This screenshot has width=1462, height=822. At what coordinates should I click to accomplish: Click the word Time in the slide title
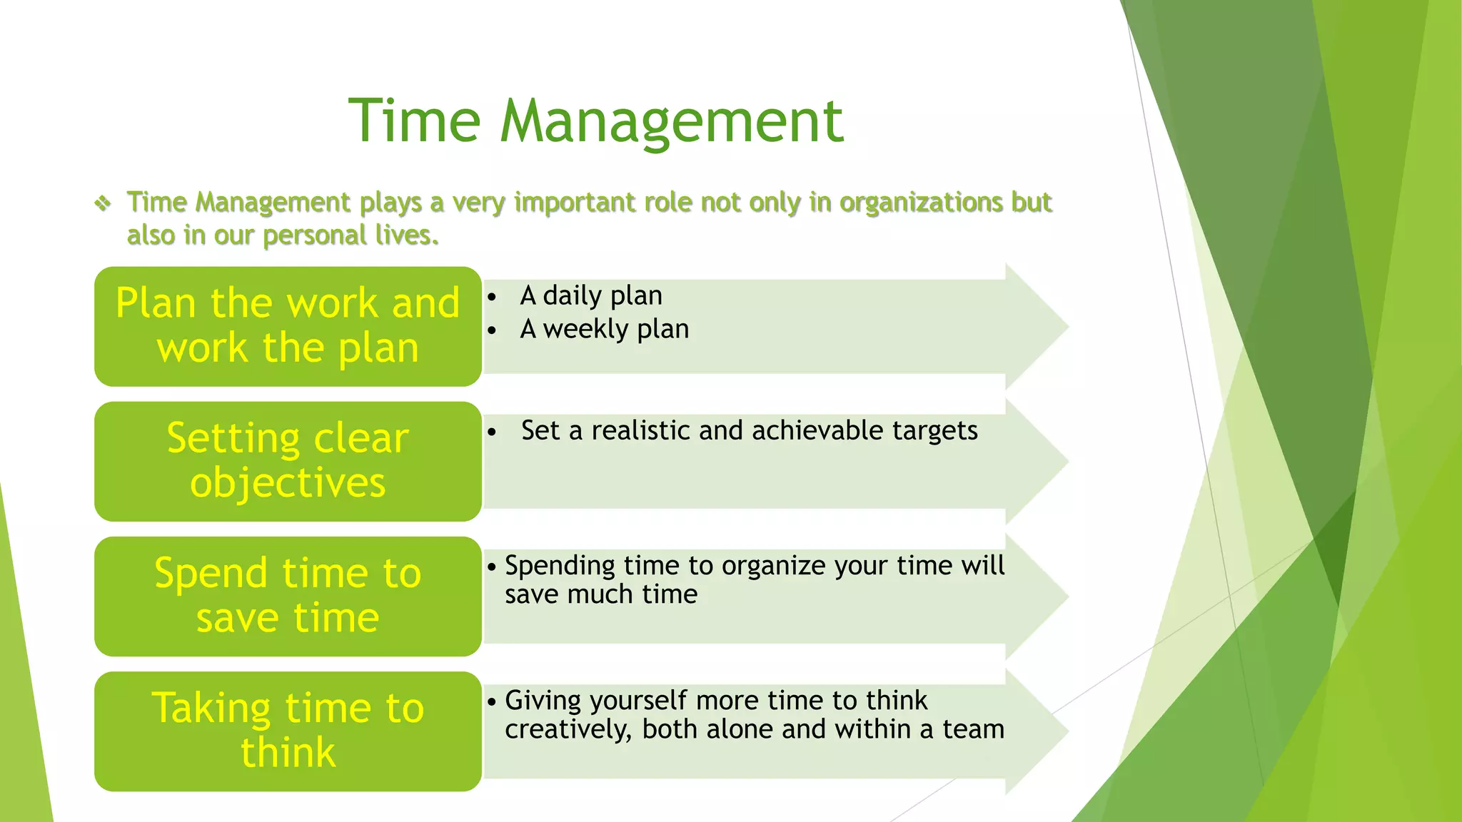click(x=414, y=121)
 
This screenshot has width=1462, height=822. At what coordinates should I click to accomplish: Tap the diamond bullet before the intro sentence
click(x=103, y=204)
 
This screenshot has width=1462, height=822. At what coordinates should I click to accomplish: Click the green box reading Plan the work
click(x=288, y=326)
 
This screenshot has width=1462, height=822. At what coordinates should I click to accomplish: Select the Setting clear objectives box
click(x=288, y=461)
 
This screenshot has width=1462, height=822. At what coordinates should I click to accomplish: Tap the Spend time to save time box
click(x=288, y=596)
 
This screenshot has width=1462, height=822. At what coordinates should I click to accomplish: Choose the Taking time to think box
click(x=288, y=731)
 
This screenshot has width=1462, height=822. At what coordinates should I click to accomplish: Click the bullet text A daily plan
click(x=591, y=295)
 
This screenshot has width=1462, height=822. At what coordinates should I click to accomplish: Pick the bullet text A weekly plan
click(x=604, y=329)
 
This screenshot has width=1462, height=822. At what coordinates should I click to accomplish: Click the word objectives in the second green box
click(x=288, y=483)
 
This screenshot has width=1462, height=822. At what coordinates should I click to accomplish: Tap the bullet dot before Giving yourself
click(x=492, y=702)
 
